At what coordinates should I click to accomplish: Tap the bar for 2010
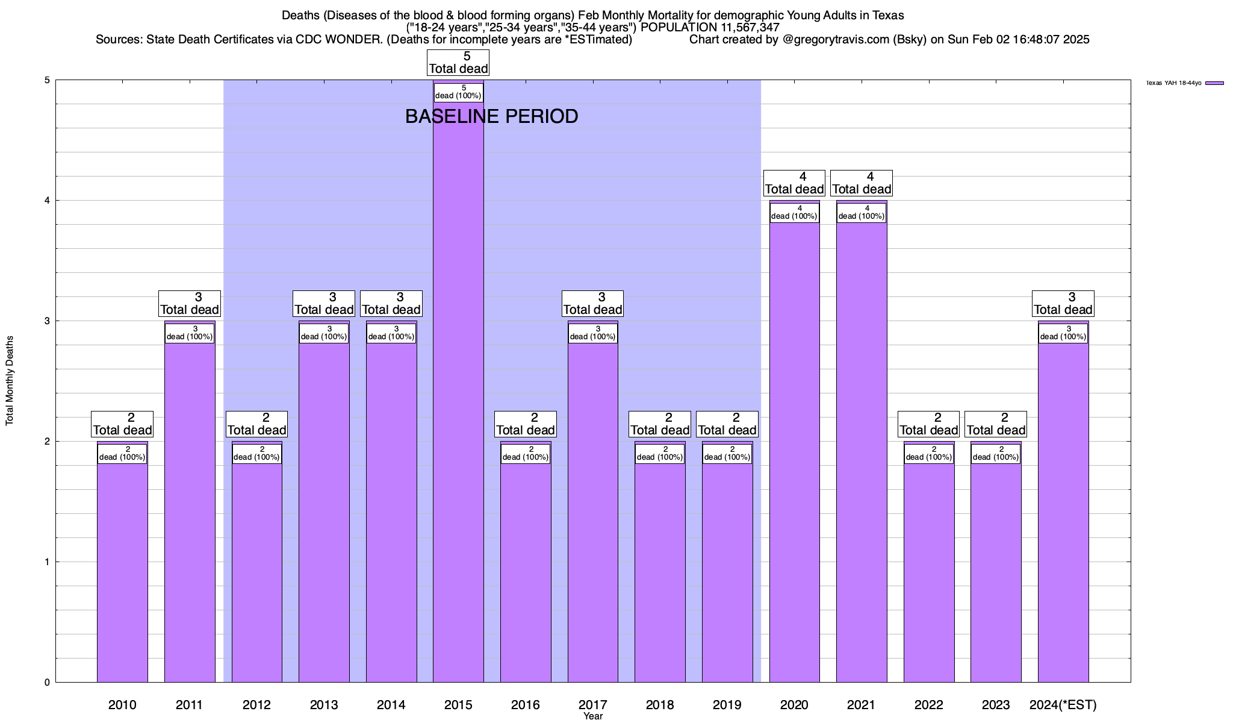tap(122, 572)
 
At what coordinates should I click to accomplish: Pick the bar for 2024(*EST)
tap(1063, 512)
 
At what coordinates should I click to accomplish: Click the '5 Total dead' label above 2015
tap(458, 63)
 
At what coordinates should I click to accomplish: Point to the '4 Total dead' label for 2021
tap(861, 183)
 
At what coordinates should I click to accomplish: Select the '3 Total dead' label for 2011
tap(189, 304)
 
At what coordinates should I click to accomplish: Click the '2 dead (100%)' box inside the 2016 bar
tap(526, 454)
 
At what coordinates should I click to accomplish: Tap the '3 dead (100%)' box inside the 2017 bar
tap(592, 333)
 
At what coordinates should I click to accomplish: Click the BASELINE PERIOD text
tap(491, 116)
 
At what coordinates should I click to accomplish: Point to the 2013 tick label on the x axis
tap(324, 705)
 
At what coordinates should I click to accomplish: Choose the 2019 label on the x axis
tap(727, 705)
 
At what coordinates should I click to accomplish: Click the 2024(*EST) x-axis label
tap(1063, 705)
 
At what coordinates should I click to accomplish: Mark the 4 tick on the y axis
tap(46, 201)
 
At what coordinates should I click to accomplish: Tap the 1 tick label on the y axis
tap(46, 562)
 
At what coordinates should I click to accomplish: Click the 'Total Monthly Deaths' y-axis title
tap(10, 381)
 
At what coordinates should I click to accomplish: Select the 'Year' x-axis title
tap(593, 716)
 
